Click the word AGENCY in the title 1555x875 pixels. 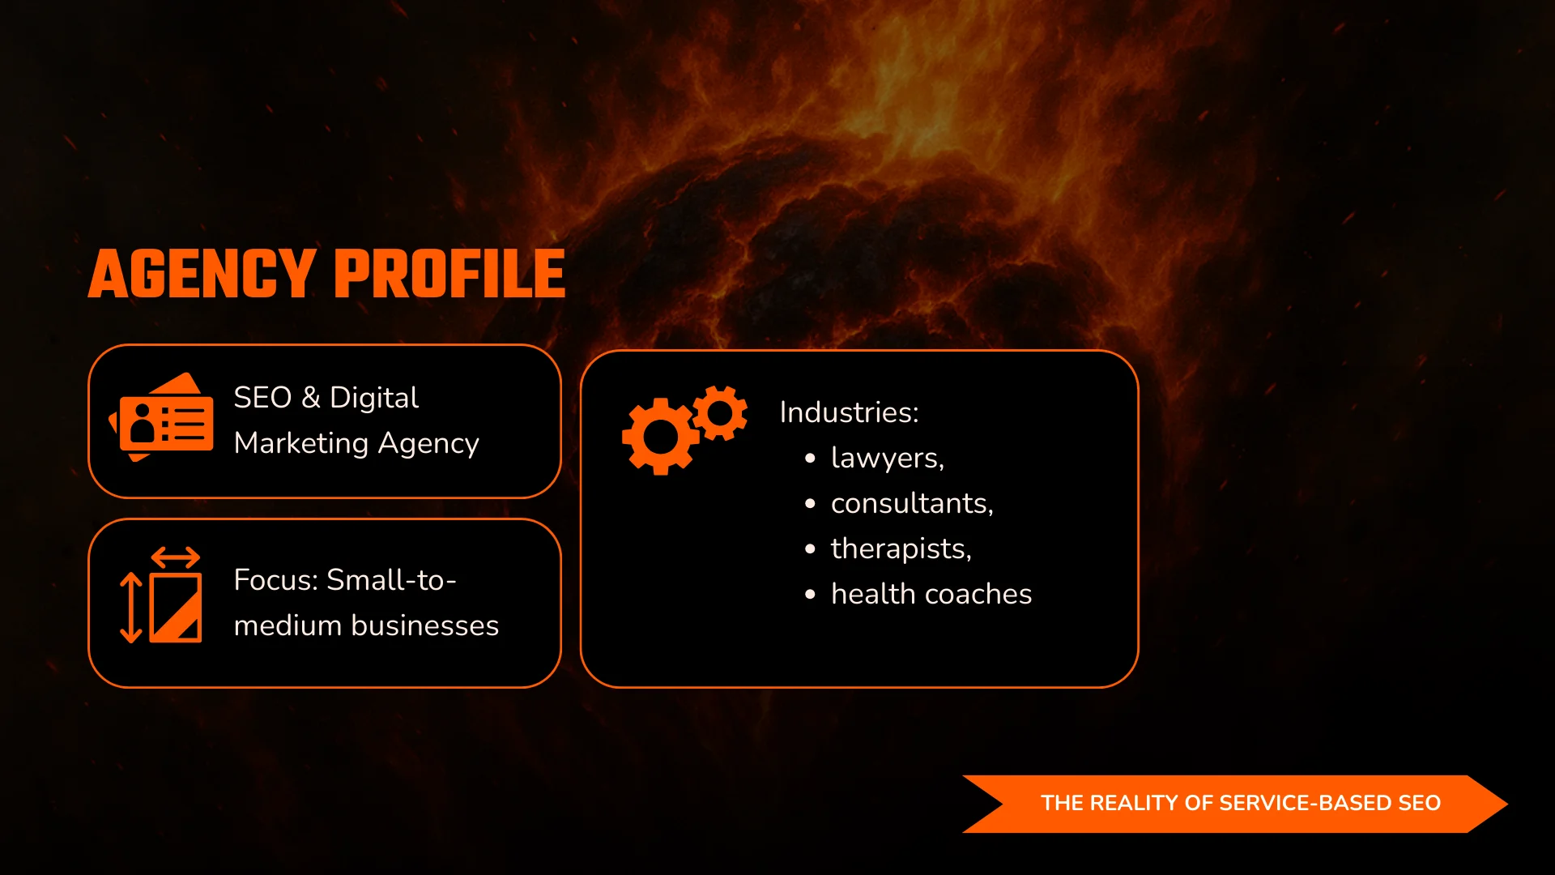pyautogui.click(x=202, y=274)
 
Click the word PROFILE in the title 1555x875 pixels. pyautogui.click(x=449, y=274)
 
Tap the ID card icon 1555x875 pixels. pyautogui.click(x=162, y=417)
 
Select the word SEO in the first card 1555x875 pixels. pyautogui.click(x=262, y=398)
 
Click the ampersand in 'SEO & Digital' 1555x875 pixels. pyautogui.click(x=311, y=398)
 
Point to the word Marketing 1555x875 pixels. pyautogui.click(x=301, y=444)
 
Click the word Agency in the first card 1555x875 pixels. pyautogui.click(x=428, y=444)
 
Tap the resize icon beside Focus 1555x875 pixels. pyautogui.click(x=160, y=595)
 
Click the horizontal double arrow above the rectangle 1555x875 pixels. pyautogui.click(x=176, y=557)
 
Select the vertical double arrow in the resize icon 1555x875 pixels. pyautogui.click(x=131, y=608)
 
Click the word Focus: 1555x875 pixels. pyautogui.click(x=276, y=580)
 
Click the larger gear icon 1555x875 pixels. pyautogui.click(x=660, y=436)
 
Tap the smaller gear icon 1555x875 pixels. pyautogui.click(x=719, y=413)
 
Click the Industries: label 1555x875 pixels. pyautogui.click(x=849, y=412)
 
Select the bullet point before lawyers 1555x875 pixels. pyautogui.click(x=810, y=459)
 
